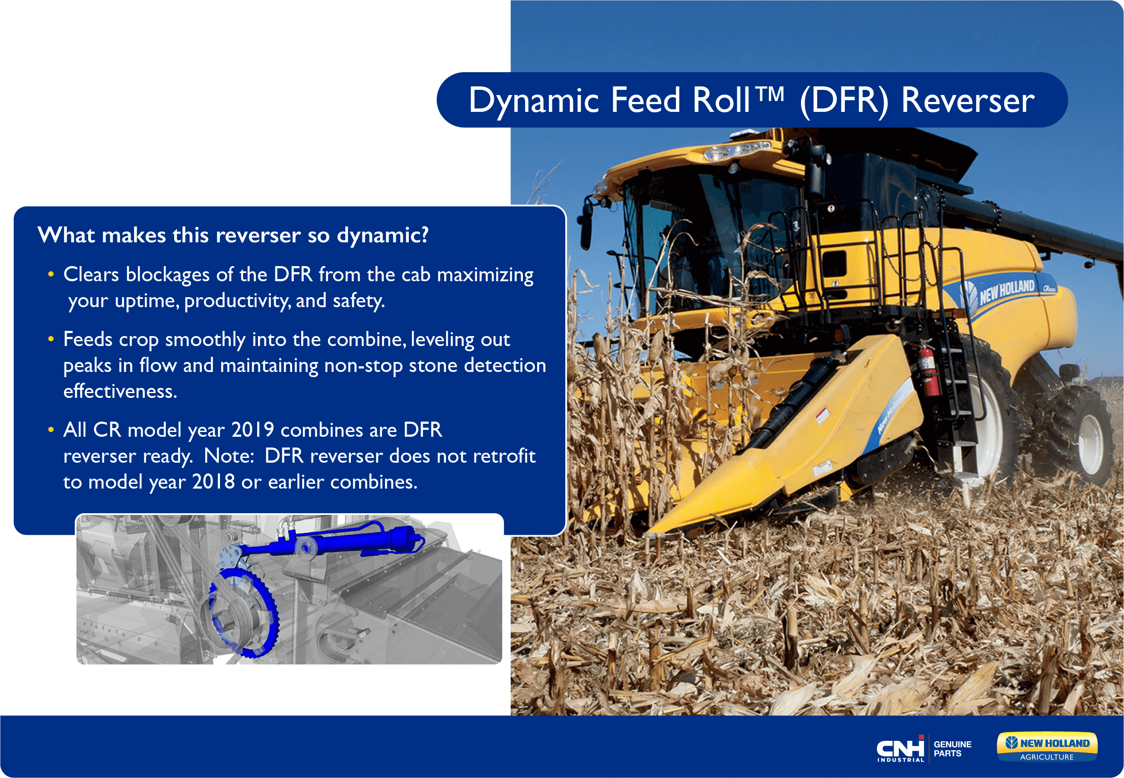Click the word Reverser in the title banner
(968, 100)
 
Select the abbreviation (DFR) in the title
(844, 102)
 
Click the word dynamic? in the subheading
(383, 235)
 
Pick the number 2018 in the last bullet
(213, 482)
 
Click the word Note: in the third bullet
(229, 456)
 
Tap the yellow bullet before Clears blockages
(51, 274)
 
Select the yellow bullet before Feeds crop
(51, 339)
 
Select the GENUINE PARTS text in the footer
(952, 749)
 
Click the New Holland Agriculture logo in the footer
(1047, 747)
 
